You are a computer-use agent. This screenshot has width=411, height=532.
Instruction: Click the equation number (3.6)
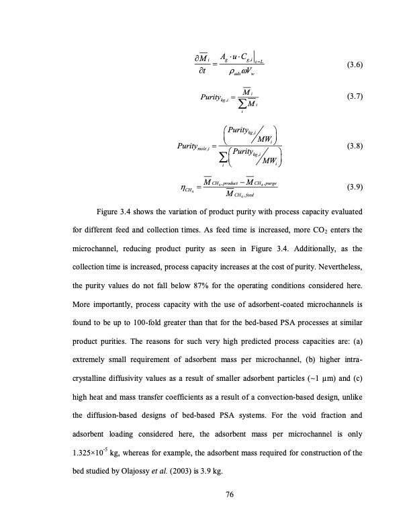click(x=355, y=65)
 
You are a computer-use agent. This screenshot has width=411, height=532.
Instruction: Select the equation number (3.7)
click(x=355, y=96)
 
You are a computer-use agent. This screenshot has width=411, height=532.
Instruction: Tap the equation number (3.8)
click(x=355, y=145)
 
